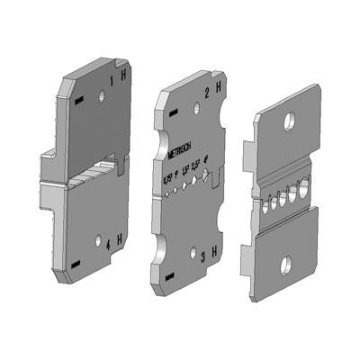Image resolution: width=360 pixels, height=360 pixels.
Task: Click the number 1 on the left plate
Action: click(112, 82)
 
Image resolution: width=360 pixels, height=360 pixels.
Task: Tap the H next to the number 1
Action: click(123, 78)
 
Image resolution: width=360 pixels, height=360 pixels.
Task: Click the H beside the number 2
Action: click(220, 89)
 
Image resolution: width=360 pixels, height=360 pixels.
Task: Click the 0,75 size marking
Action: click(166, 181)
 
